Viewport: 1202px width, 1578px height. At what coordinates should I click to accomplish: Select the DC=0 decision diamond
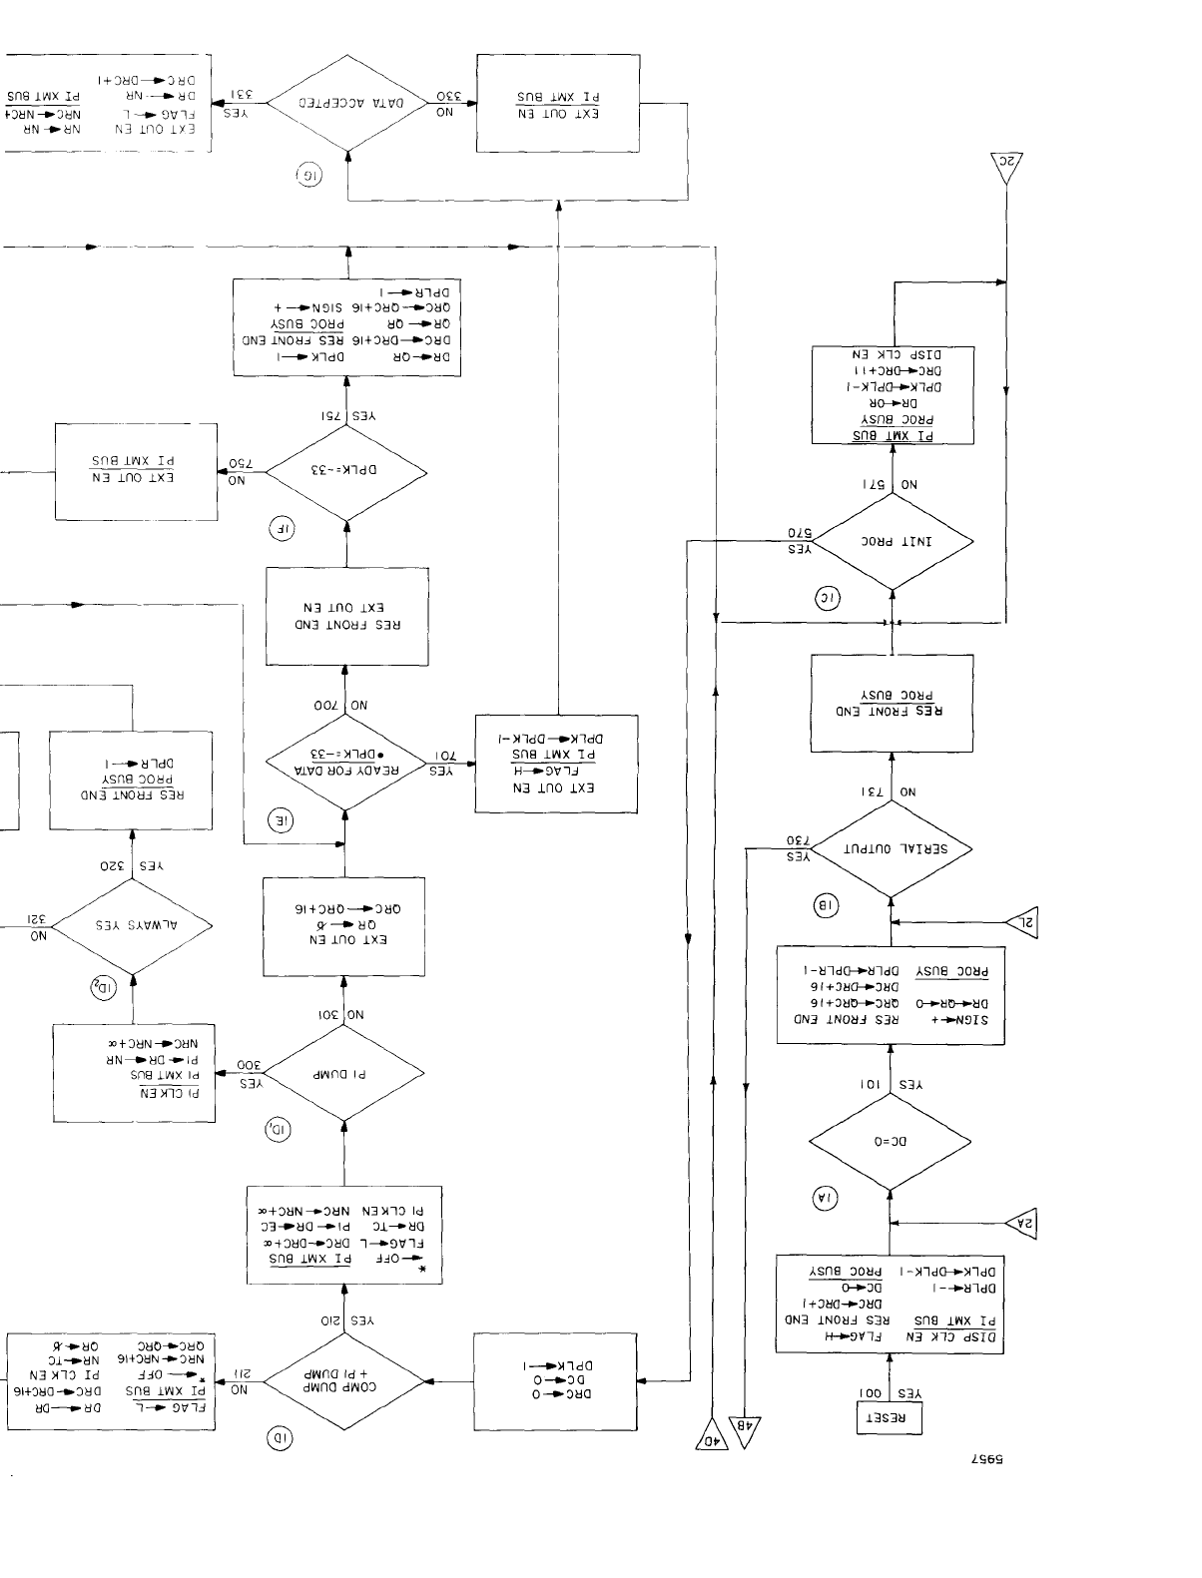[x=890, y=1141]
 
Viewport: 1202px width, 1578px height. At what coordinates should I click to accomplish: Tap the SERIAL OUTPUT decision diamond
[x=891, y=848]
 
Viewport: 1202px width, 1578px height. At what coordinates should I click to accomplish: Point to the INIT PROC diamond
[x=892, y=542]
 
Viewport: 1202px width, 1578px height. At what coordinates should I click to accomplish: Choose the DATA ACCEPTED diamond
[x=347, y=103]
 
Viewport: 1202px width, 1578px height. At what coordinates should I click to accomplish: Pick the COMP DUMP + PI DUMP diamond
[x=343, y=1381]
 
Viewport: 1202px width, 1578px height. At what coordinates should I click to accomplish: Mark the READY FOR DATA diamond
[x=345, y=763]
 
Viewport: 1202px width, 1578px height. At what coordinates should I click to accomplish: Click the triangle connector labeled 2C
[x=1006, y=167]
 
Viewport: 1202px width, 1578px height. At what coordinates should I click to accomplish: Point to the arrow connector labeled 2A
[x=1020, y=1223]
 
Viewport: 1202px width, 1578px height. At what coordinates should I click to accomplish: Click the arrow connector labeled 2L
[x=1021, y=924]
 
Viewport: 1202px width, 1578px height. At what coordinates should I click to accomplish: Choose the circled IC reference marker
[x=828, y=599]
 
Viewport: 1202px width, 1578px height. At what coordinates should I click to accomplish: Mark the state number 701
[x=445, y=755]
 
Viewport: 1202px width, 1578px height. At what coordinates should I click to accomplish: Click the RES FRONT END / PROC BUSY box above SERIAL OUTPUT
[x=892, y=704]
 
